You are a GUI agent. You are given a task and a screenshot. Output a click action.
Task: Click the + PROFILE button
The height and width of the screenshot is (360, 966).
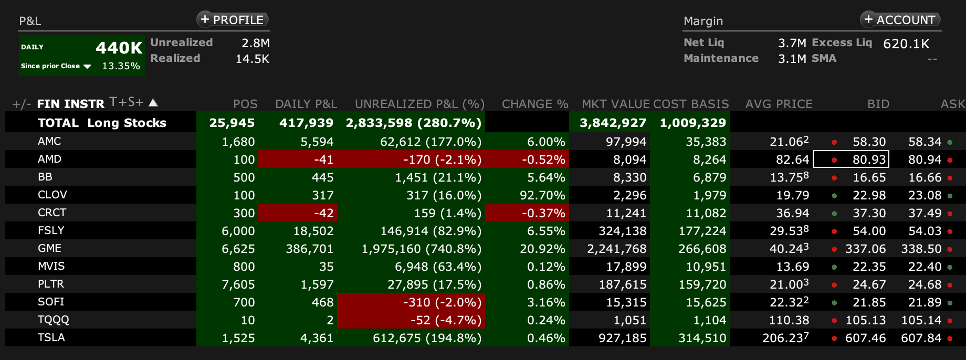233,20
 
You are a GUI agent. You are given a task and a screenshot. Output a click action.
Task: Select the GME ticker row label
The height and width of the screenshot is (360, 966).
49,248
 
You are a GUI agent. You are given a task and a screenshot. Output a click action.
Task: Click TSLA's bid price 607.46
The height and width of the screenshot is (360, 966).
865,338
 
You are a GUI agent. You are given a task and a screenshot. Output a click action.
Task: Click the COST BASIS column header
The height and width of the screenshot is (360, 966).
691,104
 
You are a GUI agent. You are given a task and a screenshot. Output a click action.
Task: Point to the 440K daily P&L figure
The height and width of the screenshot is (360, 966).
119,48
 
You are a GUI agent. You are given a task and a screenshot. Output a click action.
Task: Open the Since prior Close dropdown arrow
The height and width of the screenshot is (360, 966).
87,66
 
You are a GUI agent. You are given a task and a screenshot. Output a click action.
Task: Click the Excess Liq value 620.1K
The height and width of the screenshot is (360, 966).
906,44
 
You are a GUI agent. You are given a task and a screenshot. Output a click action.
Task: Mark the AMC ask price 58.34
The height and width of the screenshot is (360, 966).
925,142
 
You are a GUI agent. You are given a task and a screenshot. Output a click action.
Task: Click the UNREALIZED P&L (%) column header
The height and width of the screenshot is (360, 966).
419,104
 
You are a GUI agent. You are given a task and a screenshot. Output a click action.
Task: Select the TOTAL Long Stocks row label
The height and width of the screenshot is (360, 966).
102,123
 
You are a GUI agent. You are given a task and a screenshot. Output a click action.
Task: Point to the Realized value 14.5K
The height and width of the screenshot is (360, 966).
252,59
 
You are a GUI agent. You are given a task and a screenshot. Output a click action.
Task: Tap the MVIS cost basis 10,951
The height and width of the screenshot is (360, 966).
706,267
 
